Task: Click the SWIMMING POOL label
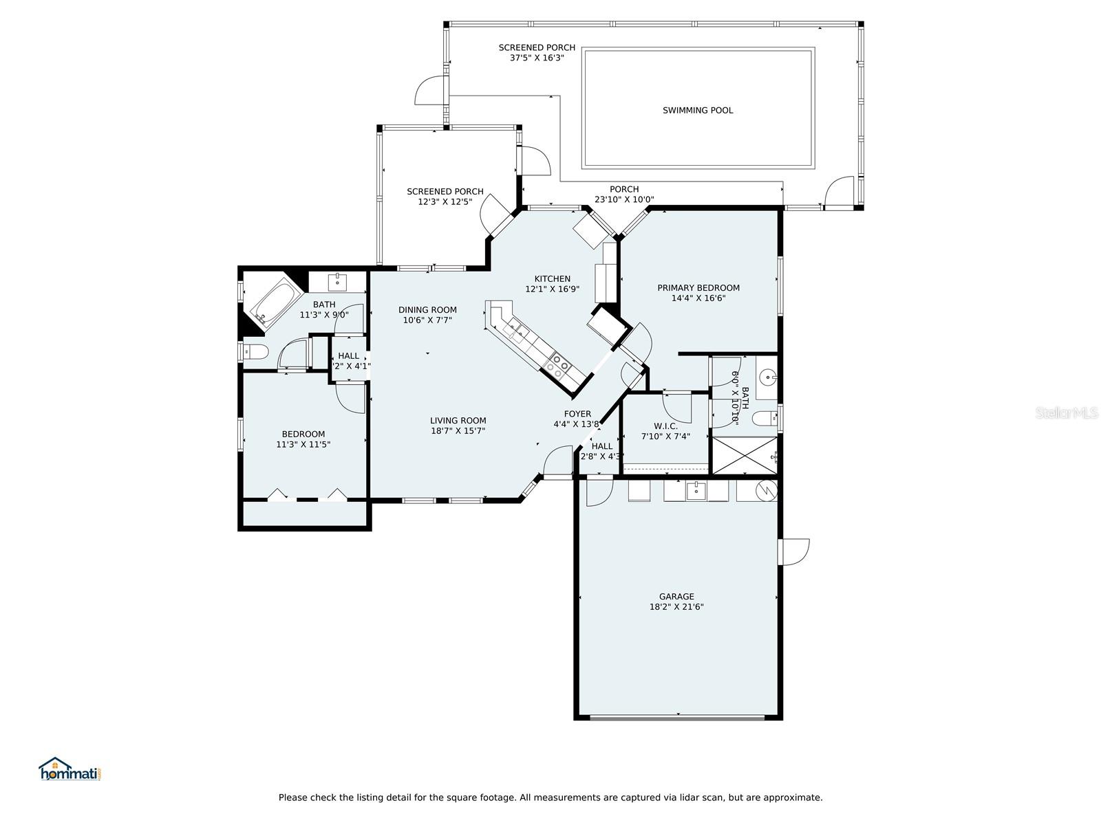click(697, 110)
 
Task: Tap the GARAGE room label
click(676, 596)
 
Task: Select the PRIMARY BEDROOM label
click(698, 288)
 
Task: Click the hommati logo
click(71, 769)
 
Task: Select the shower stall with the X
click(745, 455)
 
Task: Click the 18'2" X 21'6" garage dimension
click(676, 607)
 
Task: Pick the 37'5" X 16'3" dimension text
click(537, 58)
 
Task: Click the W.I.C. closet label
click(665, 426)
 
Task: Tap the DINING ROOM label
click(427, 310)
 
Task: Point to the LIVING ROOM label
click(458, 421)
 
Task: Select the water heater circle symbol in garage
click(766, 490)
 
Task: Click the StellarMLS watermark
click(1066, 412)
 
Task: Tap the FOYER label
click(577, 414)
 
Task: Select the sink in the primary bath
click(769, 377)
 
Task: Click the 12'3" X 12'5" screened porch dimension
click(445, 202)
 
